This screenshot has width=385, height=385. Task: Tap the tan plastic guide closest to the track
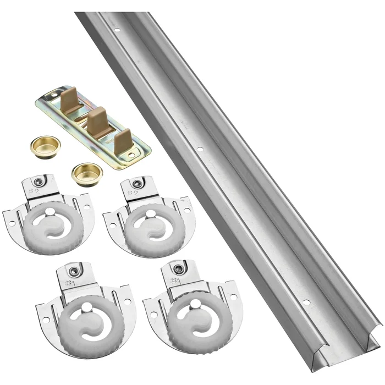[123, 140]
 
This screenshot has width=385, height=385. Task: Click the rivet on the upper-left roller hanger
[36, 182]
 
